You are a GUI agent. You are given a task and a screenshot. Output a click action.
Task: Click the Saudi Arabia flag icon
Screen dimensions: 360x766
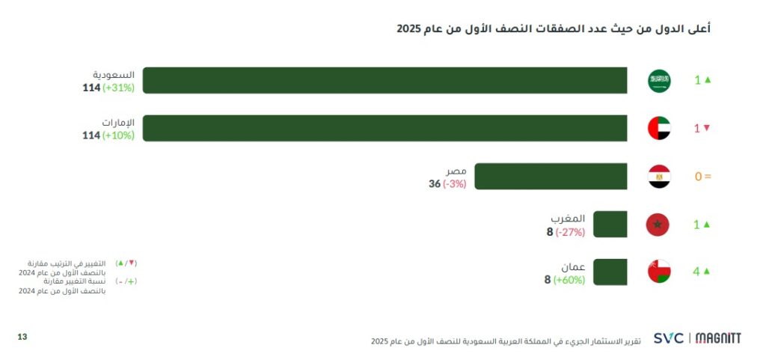(x=659, y=80)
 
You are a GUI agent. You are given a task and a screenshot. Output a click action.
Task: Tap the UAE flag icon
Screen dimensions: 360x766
(x=659, y=128)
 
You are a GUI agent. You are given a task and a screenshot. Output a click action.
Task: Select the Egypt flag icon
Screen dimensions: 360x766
(x=659, y=177)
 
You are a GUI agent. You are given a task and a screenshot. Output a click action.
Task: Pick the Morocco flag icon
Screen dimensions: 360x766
(x=658, y=224)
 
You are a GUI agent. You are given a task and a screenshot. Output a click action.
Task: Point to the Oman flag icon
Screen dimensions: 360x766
(x=659, y=271)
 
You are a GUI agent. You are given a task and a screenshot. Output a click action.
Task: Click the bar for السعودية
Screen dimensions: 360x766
(x=384, y=80)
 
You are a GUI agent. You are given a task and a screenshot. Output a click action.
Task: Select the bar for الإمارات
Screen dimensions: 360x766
(x=384, y=128)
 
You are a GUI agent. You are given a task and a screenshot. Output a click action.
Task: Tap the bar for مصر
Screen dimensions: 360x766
(x=551, y=177)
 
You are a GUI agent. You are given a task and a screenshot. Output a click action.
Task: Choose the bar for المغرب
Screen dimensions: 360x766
(x=610, y=224)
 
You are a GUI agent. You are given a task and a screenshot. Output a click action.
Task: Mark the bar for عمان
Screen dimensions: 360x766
(x=610, y=271)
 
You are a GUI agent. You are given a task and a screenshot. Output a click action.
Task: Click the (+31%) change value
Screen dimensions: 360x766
(x=118, y=88)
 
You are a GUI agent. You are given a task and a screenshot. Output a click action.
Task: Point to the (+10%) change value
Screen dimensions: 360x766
(x=118, y=135)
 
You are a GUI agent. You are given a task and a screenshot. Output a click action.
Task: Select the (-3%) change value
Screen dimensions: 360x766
(x=454, y=184)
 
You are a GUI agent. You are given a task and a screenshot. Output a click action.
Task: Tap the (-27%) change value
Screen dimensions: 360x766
(x=570, y=232)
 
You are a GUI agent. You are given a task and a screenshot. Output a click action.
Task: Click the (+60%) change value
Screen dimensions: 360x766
(x=570, y=280)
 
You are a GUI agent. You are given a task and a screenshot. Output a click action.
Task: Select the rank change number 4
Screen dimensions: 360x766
(x=696, y=272)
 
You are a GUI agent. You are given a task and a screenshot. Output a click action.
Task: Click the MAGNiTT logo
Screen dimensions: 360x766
(x=718, y=338)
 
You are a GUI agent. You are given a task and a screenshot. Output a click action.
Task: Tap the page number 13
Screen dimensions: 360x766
(x=22, y=338)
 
